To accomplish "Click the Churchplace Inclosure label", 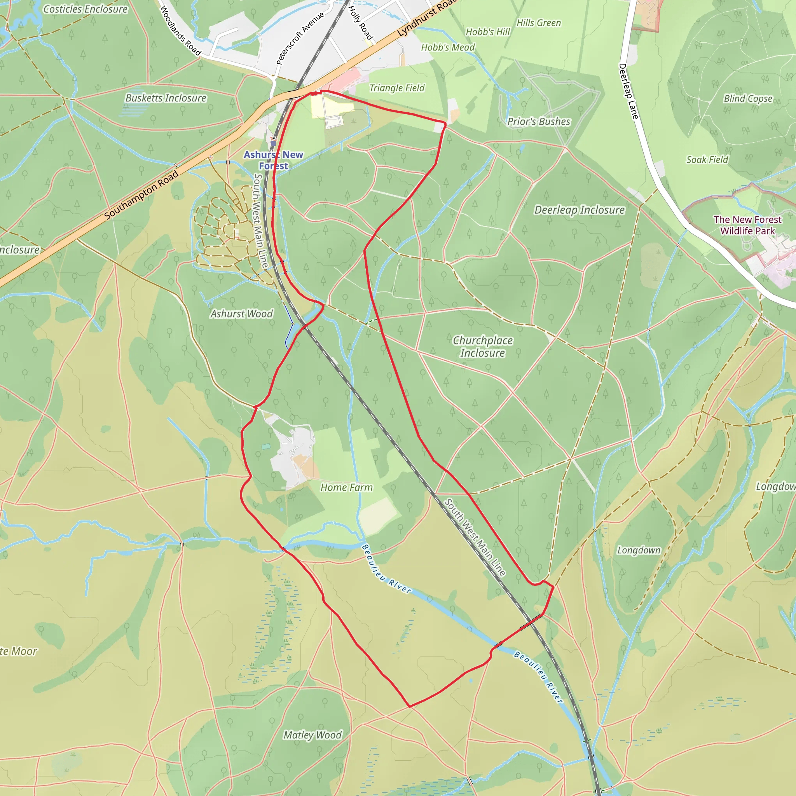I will pyautogui.click(x=482, y=346).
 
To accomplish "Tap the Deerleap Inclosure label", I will pyautogui.click(x=579, y=210).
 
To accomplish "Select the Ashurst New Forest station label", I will pyautogui.click(x=273, y=160).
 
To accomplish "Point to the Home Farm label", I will pyautogui.click(x=346, y=487).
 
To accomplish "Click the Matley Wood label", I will pyautogui.click(x=313, y=735).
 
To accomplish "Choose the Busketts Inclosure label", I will pyautogui.click(x=166, y=98).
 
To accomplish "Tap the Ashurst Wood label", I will pyautogui.click(x=241, y=314).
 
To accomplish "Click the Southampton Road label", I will pyautogui.click(x=141, y=194).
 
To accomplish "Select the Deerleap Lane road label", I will pyautogui.click(x=628, y=91).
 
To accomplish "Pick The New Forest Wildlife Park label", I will pyautogui.click(x=747, y=225).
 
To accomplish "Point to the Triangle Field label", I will pyautogui.click(x=397, y=88).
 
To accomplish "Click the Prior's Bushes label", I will pyautogui.click(x=538, y=122).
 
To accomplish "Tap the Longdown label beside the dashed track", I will pyautogui.click(x=639, y=550).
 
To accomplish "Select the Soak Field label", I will pyautogui.click(x=707, y=159).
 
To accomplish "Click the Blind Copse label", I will pyautogui.click(x=748, y=98).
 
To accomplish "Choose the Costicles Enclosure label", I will pyautogui.click(x=85, y=9).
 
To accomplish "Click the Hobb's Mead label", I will pyautogui.click(x=448, y=47).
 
